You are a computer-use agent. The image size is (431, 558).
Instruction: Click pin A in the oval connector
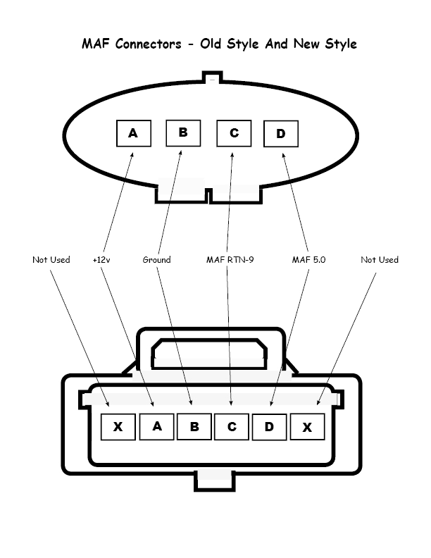point(133,132)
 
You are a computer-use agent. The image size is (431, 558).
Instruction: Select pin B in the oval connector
point(182,132)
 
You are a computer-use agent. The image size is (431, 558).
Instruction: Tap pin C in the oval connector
point(234,132)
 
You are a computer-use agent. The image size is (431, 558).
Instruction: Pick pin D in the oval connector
point(281,134)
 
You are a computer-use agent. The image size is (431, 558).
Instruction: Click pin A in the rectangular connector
point(157,426)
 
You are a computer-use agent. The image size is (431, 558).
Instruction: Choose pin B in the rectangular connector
point(194,426)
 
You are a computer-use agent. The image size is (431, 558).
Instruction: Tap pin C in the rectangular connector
point(232,426)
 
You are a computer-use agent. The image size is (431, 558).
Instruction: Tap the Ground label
point(156,260)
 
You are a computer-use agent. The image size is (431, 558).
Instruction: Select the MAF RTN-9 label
point(230,260)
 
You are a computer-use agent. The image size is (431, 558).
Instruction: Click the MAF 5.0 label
point(308,260)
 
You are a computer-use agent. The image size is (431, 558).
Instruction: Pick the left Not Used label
point(51,260)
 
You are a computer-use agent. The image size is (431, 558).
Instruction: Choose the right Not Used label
point(380,260)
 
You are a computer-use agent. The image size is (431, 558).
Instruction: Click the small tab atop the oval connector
point(213,77)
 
